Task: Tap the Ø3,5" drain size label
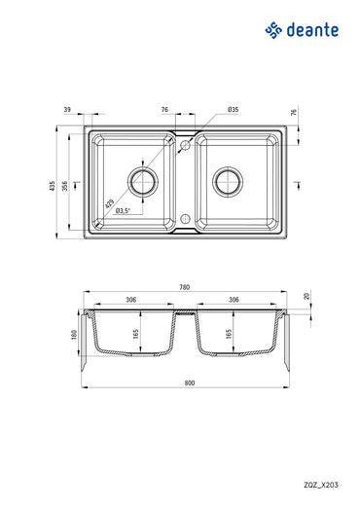(x=124, y=211)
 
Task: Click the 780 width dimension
(x=185, y=288)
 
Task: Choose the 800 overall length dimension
(x=185, y=382)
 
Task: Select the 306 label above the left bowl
(x=130, y=301)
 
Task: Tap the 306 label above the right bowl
(x=234, y=301)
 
